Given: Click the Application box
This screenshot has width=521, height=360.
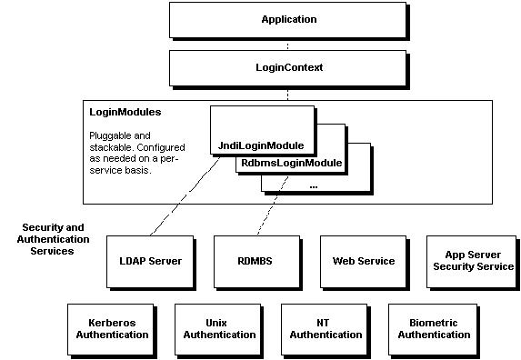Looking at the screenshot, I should click(288, 19).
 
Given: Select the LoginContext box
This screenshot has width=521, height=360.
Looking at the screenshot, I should click(288, 67).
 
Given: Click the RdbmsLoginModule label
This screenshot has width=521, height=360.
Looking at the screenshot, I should click(290, 164).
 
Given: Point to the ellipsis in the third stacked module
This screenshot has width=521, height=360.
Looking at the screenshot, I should click(313, 185).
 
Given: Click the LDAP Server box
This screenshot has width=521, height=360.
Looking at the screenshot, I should click(151, 261).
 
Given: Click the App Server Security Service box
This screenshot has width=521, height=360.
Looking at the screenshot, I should click(473, 261).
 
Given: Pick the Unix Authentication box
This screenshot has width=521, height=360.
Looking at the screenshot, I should click(219, 328).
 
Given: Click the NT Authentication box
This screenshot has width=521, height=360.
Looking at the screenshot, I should click(326, 328).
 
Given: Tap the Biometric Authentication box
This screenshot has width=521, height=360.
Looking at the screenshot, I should click(434, 328).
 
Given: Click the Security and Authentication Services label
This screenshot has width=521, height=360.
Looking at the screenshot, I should click(55, 238).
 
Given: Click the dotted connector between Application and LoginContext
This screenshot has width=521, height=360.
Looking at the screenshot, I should click(288, 44).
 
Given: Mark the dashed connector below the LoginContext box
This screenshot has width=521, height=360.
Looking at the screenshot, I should click(288, 93).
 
